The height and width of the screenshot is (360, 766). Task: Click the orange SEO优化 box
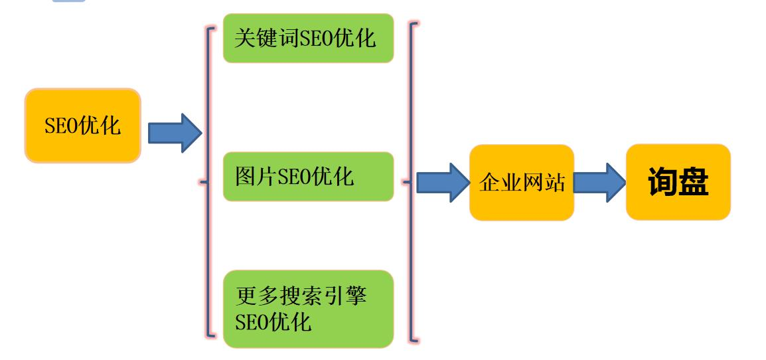(83, 126)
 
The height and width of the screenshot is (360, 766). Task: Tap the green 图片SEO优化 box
(308, 176)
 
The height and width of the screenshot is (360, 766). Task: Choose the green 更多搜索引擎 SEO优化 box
(308, 308)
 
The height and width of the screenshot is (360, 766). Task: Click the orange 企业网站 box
(521, 183)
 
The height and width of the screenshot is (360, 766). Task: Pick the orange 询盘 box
(678, 183)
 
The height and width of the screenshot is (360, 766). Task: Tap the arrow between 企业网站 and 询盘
(599, 182)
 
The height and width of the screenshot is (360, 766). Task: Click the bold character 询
(662, 183)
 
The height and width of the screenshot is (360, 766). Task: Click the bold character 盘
(694, 183)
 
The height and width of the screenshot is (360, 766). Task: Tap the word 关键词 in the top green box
(264, 39)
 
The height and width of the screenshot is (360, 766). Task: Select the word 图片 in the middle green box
(256, 176)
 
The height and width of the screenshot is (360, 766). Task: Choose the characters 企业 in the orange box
(499, 183)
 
